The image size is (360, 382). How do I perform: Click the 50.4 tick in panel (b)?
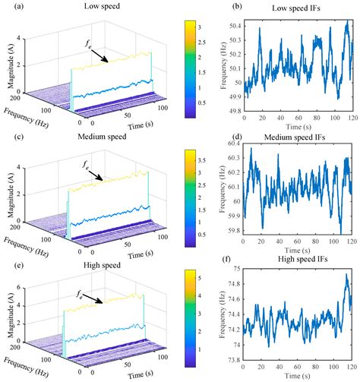click(233, 25)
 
